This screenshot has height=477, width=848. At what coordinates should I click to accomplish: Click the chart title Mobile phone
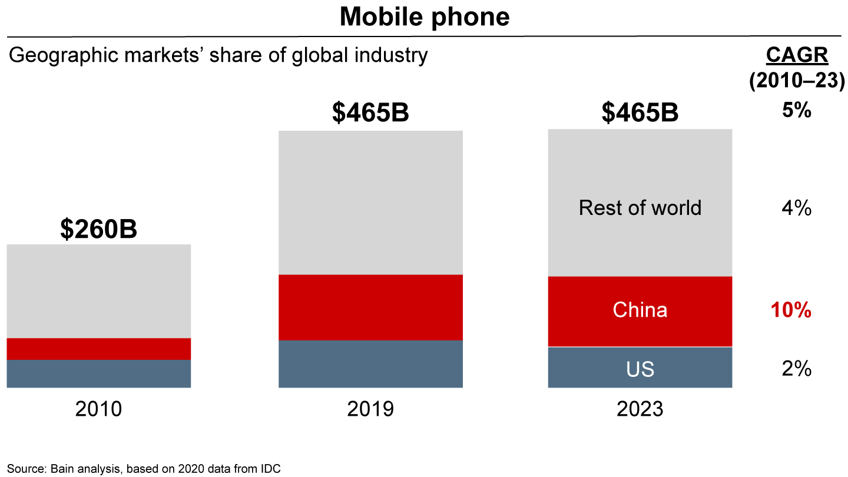(424, 17)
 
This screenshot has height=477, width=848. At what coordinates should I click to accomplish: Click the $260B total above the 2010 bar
(98, 229)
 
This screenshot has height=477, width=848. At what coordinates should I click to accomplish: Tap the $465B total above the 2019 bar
(370, 114)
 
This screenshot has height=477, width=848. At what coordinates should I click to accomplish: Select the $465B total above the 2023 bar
(640, 114)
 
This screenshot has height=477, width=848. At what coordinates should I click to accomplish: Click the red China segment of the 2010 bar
(98, 349)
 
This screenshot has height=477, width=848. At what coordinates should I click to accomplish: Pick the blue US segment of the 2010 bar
(98, 373)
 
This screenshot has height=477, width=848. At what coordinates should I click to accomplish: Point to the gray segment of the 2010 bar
(98, 291)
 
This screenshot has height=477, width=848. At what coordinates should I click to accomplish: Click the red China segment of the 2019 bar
(370, 307)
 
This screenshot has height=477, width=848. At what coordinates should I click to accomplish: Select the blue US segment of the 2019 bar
(370, 364)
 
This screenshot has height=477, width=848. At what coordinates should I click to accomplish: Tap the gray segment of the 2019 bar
(370, 203)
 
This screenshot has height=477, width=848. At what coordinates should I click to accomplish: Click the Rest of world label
(640, 208)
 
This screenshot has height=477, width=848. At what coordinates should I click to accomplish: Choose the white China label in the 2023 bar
(640, 310)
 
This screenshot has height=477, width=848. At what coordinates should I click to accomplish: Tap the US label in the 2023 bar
(640, 369)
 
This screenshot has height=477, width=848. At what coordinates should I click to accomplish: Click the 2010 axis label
(98, 409)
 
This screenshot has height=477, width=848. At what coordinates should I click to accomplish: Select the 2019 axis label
(370, 409)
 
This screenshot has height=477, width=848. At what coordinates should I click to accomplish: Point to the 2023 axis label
(640, 409)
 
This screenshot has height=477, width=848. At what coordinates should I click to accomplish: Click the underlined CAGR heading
(797, 55)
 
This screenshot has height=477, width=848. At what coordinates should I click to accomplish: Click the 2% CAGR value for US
(797, 369)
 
